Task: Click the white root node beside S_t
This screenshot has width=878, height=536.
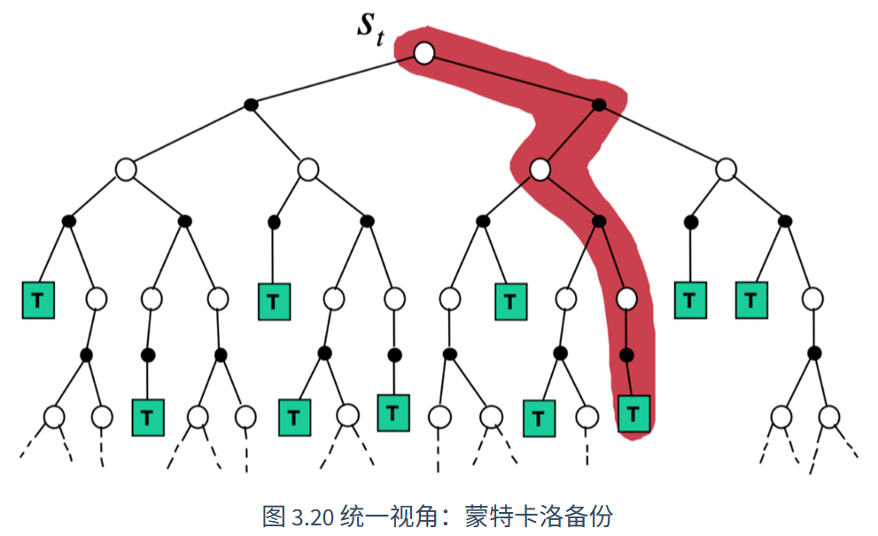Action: tap(423, 53)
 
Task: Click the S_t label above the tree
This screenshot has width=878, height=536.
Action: tap(370, 28)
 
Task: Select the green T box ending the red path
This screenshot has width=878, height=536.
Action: tap(633, 415)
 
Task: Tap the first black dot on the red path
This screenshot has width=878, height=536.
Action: tap(599, 105)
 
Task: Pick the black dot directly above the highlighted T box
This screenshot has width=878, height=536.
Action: tap(626, 354)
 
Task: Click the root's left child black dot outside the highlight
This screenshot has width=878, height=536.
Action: tap(251, 105)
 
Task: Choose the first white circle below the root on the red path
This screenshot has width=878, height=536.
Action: tap(540, 170)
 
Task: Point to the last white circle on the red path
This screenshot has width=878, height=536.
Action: tap(626, 299)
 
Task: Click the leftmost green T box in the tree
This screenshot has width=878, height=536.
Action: tap(38, 300)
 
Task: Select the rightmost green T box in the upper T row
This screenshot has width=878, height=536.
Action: tap(751, 300)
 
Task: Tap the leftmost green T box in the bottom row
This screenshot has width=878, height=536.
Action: tap(148, 417)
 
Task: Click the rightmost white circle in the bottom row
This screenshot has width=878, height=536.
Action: tap(828, 417)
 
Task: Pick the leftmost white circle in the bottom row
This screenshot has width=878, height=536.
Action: tap(54, 417)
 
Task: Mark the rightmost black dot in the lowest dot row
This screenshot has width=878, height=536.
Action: tap(815, 353)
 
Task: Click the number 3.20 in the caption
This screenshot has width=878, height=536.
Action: tap(313, 517)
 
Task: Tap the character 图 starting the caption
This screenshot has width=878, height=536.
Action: tap(275, 516)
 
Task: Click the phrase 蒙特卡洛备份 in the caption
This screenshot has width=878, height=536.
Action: tap(539, 516)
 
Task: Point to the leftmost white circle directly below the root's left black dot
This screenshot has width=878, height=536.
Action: tap(126, 170)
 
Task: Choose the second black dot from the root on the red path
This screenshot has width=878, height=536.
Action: tap(599, 221)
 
